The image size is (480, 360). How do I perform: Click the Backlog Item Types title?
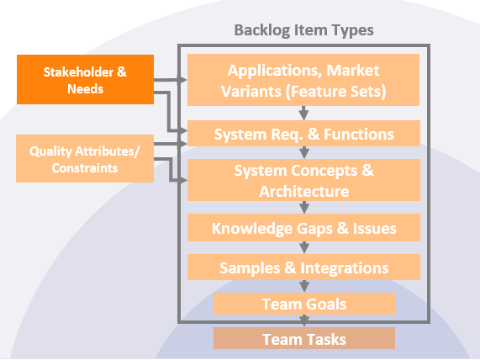(x=303, y=30)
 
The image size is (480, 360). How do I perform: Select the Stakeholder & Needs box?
(x=86, y=80)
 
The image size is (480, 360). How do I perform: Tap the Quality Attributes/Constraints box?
(x=86, y=159)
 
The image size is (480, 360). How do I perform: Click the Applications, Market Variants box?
(x=303, y=79)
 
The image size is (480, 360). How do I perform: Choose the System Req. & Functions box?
(x=303, y=134)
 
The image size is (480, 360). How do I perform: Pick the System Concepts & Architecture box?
(x=303, y=181)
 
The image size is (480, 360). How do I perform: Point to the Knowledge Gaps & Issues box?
(x=303, y=227)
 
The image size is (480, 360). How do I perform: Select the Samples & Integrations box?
(x=303, y=267)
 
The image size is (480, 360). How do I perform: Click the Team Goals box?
(x=303, y=304)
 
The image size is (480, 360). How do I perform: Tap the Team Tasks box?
(x=303, y=339)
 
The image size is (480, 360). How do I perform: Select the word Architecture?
(x=303, y=191)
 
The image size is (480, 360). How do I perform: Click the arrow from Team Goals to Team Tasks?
(x=303, y=320)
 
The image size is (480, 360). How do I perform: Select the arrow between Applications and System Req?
(x=303, y=113)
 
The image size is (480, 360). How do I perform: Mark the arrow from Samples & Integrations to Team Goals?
(x=303, y=286)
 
